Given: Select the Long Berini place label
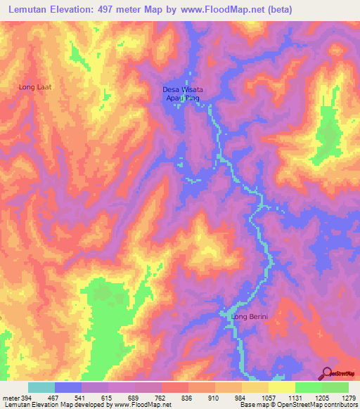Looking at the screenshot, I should [250, 316].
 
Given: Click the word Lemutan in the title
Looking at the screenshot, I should [33, 10].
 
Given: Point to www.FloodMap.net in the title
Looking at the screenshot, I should [218, 10].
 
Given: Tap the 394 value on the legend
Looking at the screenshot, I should [25, 398].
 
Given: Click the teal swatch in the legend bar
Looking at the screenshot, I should [41, 387].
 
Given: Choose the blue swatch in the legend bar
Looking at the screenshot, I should [67, 387].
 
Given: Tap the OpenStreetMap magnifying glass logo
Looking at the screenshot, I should [326, 372].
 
